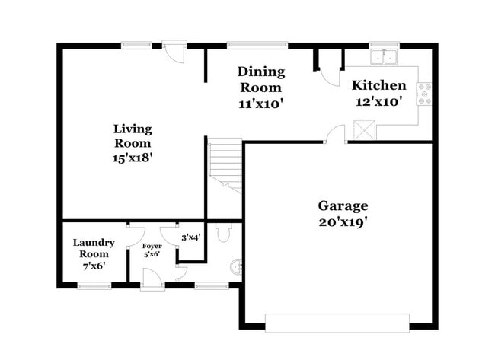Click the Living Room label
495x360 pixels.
[x=133, y=143]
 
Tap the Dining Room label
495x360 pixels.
[x=260, y=87]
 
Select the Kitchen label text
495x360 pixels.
[x=378, y=85]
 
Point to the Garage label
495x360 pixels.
[x=343, y=205]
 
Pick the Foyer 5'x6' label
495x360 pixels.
[x=152, y=250]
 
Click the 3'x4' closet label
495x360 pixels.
[x=190, y=237]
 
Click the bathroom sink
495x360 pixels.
[x=238, y=266]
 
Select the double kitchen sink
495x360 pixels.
[x=385, y=56]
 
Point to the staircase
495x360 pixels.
[x=225, y=164]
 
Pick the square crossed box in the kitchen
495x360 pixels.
[x=364, y=130]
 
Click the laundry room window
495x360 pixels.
[x=94, y=285]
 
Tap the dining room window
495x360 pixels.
[x=257, y=44]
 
